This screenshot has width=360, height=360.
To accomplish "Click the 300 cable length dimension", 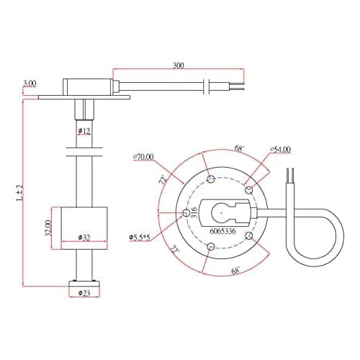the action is click(x=179, y=66).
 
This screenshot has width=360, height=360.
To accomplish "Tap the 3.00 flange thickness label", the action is click(x=30, y=84).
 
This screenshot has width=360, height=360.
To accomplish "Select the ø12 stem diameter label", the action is click(x=84, y=131).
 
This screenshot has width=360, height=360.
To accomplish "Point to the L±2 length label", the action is click(x=19, y=193).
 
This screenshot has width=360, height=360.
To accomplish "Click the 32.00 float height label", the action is click(x=48, y=228).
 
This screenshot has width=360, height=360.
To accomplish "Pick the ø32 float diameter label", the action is click(x=84, y=238).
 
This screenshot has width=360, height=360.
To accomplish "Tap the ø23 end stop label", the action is click(x=84, y=293).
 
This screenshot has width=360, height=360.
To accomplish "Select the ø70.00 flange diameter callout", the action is click(x=143, y=157).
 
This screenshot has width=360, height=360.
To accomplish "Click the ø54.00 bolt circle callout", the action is click(x=280, y=149).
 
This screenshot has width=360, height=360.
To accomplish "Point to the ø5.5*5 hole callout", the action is click(x=140, y=238).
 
